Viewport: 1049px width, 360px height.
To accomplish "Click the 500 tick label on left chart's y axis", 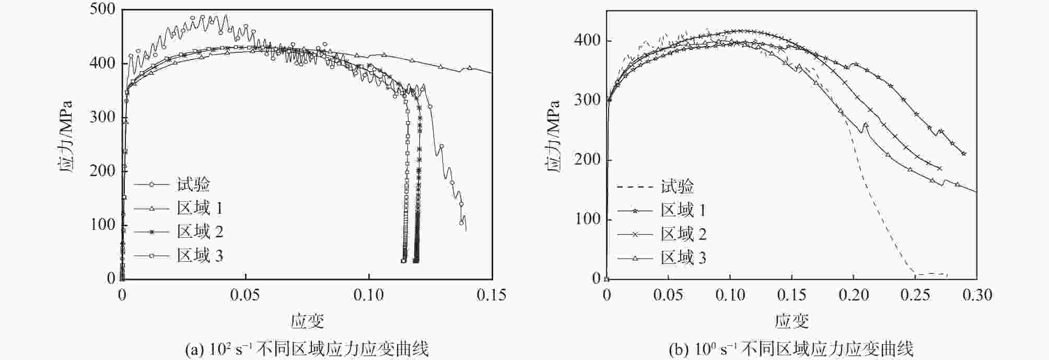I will (x=102, y=9).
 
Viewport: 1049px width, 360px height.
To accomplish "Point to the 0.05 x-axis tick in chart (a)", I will (x=245, y=295).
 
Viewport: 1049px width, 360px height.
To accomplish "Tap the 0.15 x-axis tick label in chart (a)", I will (x=491, y=295).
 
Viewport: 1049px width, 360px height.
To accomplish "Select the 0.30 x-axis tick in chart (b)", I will (x=977, y=295).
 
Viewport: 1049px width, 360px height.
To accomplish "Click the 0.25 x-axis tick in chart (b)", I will (x=915, y=295).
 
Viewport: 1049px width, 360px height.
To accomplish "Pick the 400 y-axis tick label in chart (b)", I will (x=587, y=41).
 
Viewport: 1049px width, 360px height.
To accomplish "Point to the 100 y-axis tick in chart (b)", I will (x=587, y=219).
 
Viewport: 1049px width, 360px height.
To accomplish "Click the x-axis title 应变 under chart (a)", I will (x=307, y=321).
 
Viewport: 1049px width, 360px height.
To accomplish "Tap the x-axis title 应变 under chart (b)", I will (x=791, y=321).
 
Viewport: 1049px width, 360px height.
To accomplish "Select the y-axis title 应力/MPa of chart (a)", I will (x=64, y=137).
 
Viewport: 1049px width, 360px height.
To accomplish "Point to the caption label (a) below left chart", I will (x=194, y=349).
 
